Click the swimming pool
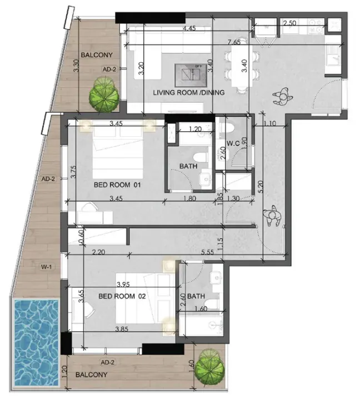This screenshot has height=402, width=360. tap(36, 343)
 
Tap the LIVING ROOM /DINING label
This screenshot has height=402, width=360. tap(189, 92)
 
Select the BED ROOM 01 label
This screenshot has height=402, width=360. tap(117, 185)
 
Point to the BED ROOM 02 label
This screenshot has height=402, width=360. tap(122, 296)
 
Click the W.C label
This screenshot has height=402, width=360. tap(233, 143)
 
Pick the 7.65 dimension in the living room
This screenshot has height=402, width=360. tap(234, 42)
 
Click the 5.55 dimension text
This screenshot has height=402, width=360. tap(208, 252)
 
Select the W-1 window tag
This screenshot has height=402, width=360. tap(46, 267)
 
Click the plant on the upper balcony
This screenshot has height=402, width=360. tap(104, 95)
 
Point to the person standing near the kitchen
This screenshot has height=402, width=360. tap(282, 97)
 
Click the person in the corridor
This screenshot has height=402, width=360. tap(272, 216)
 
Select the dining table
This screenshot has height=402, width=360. tap(242, 66)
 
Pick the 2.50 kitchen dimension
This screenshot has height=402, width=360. tap(289, 23)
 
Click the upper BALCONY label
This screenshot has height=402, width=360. tap(97, 55)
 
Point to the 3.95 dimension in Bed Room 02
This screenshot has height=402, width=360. tap(123, 284)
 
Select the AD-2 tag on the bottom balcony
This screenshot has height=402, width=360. tap(107, 363)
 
